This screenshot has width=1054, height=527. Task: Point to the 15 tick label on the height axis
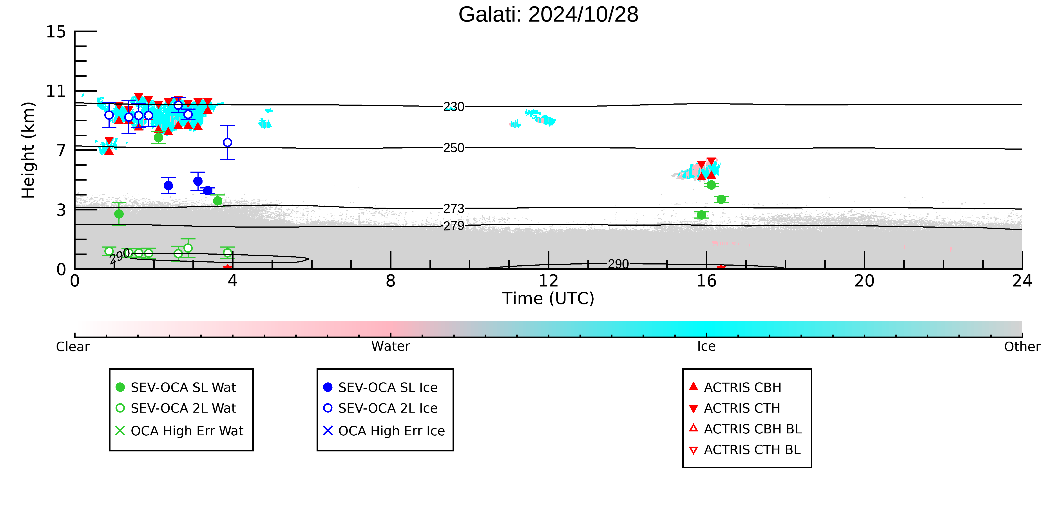(56, 32)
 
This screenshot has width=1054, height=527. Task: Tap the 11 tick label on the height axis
(56, 91)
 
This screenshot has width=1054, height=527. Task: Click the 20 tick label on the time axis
(864, 281)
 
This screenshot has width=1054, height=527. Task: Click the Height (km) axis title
(29, 150)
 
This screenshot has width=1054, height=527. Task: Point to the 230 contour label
(454, 107)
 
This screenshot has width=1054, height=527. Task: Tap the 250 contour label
(454, 148)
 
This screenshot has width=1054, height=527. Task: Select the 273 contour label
(454, 209)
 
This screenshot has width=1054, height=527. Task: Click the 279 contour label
(454, 226)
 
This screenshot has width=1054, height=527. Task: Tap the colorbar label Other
(1022, 347)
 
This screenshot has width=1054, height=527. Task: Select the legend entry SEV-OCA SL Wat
(176, 388)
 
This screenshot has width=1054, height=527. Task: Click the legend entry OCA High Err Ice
(384, 431)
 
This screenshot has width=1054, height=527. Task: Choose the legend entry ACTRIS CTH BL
(745, 450)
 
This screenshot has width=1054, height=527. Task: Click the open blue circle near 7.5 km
(228, 142)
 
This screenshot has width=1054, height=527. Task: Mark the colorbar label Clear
(73, 347)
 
